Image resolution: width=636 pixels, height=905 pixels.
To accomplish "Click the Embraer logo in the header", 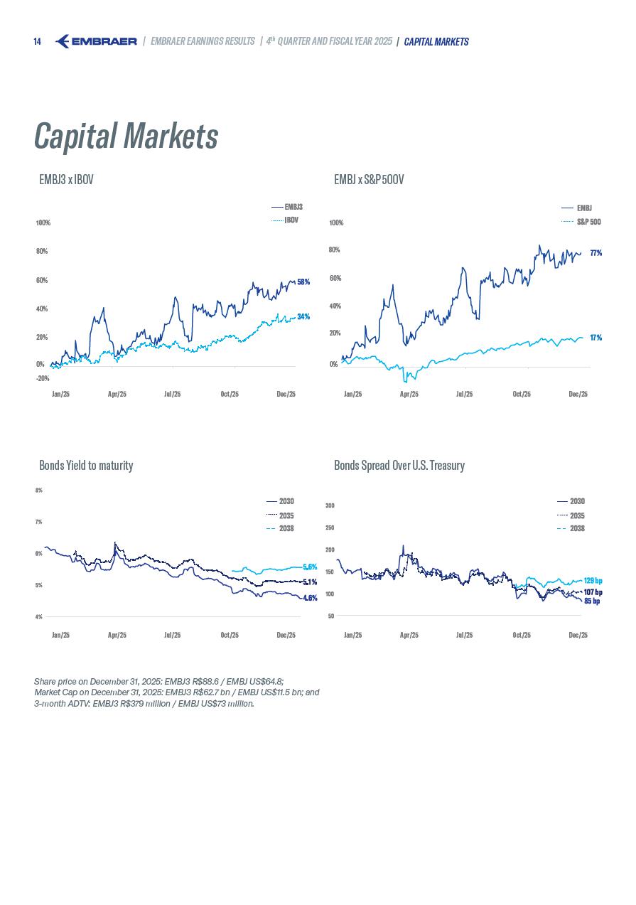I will tap(96, 41).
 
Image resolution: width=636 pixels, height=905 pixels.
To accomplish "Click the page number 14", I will tap(37, 42).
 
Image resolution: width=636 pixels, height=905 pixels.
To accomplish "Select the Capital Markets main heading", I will tap(126, 136).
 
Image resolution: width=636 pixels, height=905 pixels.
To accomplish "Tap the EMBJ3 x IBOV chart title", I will tap(66, 180).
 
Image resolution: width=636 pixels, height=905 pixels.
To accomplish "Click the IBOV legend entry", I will tap(291, 220).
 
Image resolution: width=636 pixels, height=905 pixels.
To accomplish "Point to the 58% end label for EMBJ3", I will tap(303, 282).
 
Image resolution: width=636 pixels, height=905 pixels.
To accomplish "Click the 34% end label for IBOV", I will tap(303, 316).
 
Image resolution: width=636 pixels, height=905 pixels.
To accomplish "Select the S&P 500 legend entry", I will tap(588, 222).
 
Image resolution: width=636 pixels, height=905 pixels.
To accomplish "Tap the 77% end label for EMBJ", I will tap(595, 252).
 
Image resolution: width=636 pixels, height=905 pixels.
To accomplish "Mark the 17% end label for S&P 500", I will tap(595, 338).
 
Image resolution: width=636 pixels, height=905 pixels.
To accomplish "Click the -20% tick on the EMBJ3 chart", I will tap(43, 378).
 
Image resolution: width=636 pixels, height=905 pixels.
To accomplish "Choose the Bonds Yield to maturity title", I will tap(86, 466).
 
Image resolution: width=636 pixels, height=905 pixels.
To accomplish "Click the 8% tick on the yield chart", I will tap(38, 490).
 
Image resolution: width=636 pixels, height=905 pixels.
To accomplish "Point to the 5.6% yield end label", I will tap(309, 567).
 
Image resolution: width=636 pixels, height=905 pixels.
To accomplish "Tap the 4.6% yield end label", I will tap(309, 598).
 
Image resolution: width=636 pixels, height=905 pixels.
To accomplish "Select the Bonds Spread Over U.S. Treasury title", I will tap(399, 466).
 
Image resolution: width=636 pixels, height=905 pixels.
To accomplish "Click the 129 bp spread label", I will tap(593, 581).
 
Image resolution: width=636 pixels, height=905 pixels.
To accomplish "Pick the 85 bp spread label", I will tap(591, 601).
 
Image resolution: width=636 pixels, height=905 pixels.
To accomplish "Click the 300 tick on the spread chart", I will tap(330, 505).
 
